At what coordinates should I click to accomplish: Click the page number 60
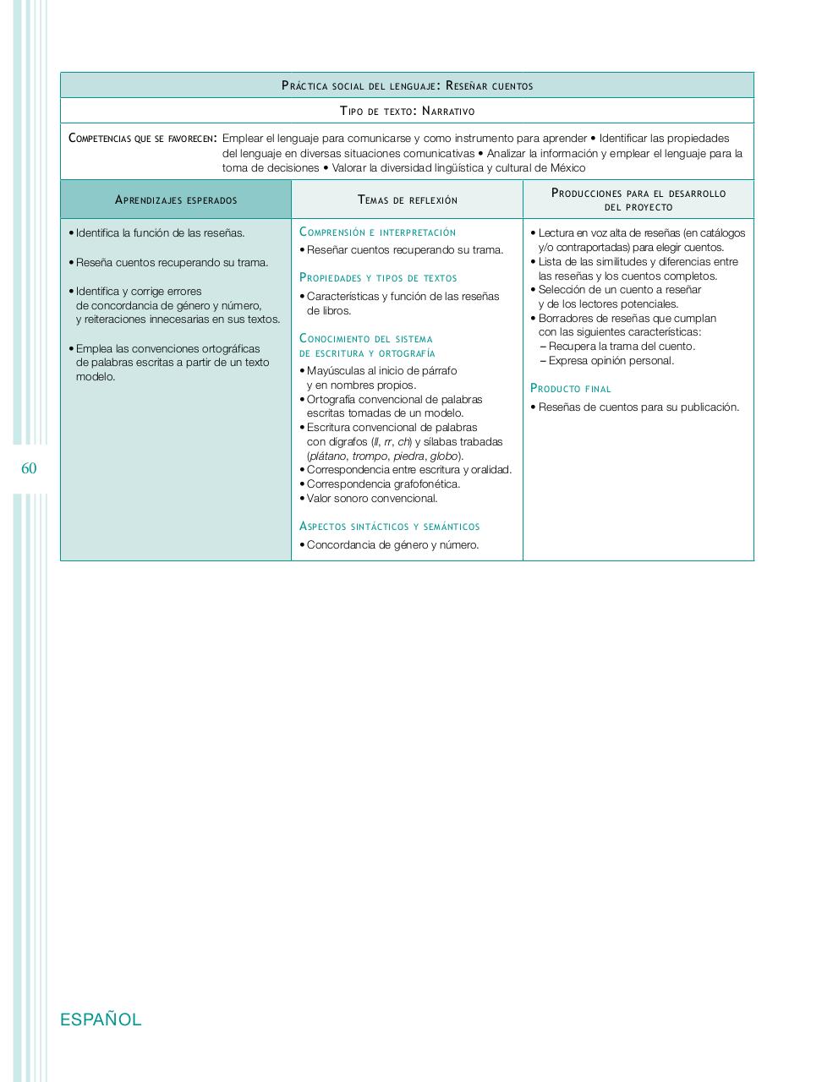click(x=29, y=469)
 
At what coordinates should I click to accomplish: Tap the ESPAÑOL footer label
click(x=101, y=1019)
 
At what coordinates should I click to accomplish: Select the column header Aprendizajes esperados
click(x=176, y=200)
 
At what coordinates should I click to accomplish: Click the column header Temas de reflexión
click(x=407, y=200)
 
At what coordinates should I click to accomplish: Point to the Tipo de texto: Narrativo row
click(x=407, y=111)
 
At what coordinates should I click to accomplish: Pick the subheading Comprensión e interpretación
click(x=377, y=232)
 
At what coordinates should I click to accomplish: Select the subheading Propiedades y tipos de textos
click(x=378, y=278)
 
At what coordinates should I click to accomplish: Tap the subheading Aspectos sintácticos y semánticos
click(x=389, y=527)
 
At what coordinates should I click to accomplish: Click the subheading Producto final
click(x=570, y=389)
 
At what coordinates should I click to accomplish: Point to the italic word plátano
click(x=328, y=456)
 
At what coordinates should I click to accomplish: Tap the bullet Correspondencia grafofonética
click(x=383, y=484)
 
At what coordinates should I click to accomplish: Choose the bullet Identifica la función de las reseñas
click(x=160, y=233)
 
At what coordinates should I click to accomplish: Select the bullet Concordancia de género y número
click(x=392, y=545)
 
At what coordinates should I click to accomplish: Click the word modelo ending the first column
click(x=96, y=377)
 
